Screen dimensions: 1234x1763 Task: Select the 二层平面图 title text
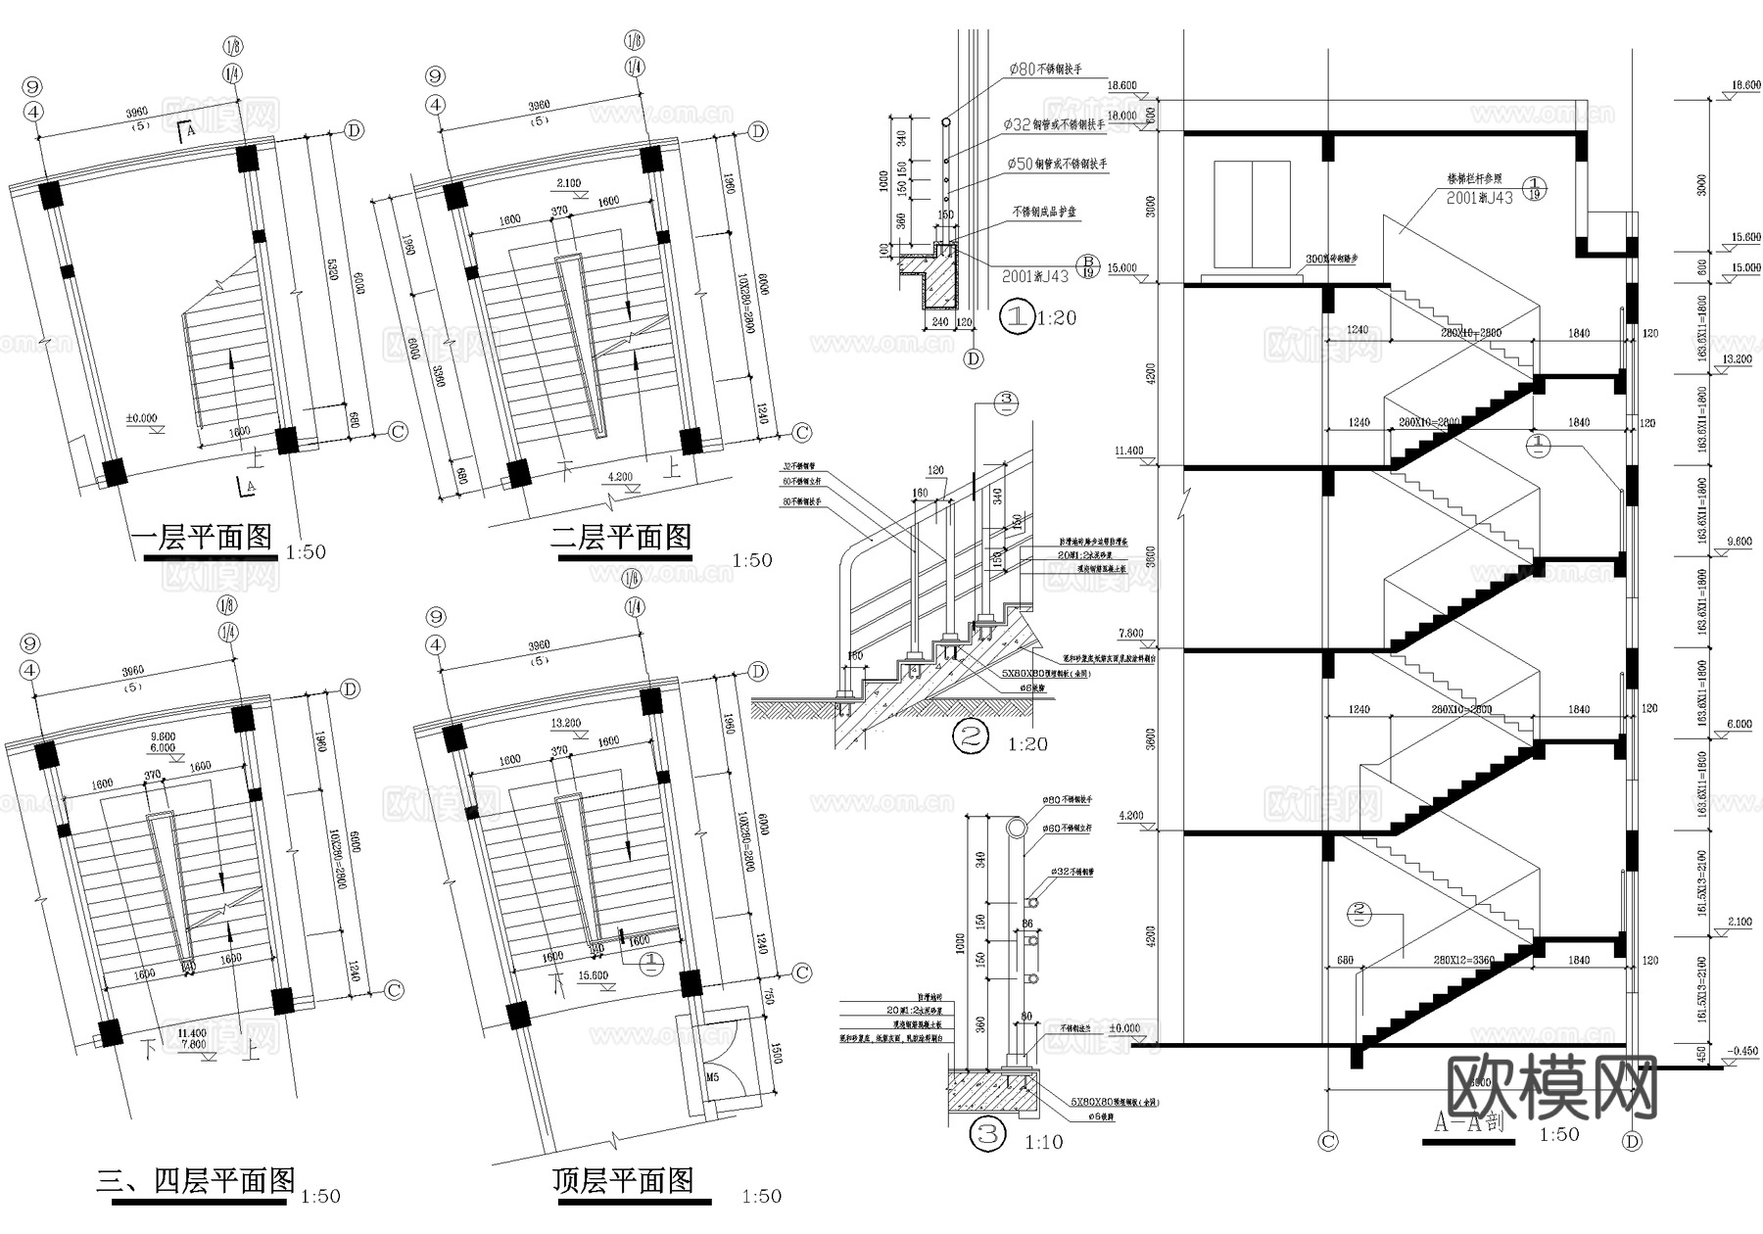(621, 538)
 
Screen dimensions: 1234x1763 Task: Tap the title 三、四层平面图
(196, 1181)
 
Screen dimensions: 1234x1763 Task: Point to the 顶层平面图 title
(623, 1181)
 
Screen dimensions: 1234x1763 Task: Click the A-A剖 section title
(1468, 1122)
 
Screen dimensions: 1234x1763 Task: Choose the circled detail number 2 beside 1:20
(972, 736)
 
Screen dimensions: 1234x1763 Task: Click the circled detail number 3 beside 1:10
(987, 1135)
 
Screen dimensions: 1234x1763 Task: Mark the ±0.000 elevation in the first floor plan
(141, 418)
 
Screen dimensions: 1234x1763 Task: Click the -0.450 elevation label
(1743, 1051)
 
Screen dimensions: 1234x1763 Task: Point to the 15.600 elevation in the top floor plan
(593, 975)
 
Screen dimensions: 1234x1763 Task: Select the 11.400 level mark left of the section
(1128, 451)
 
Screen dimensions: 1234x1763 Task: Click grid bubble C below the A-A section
(1328, 1141)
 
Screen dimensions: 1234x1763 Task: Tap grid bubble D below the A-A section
(1632, 1141)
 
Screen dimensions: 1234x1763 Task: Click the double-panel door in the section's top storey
(1250, 214)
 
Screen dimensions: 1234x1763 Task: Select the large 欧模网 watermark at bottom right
(1552, 1087)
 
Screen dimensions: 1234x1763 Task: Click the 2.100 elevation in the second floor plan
(568, 183)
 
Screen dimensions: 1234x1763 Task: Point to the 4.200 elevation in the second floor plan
(621, 477)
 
